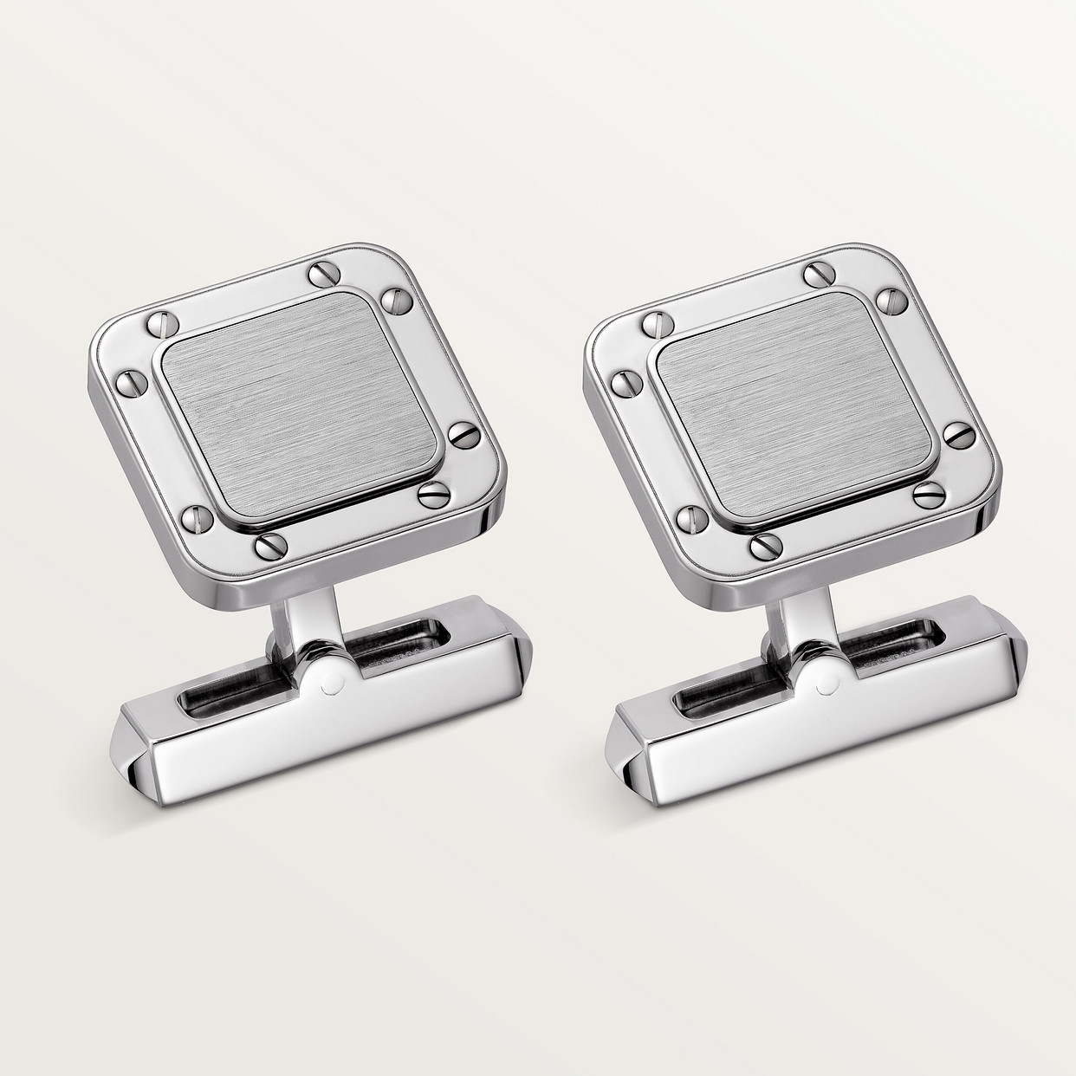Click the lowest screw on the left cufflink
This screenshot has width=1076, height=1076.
(267, 548)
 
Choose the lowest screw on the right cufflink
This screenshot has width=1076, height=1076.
(762, 546)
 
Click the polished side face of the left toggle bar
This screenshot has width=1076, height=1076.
(329, 741)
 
